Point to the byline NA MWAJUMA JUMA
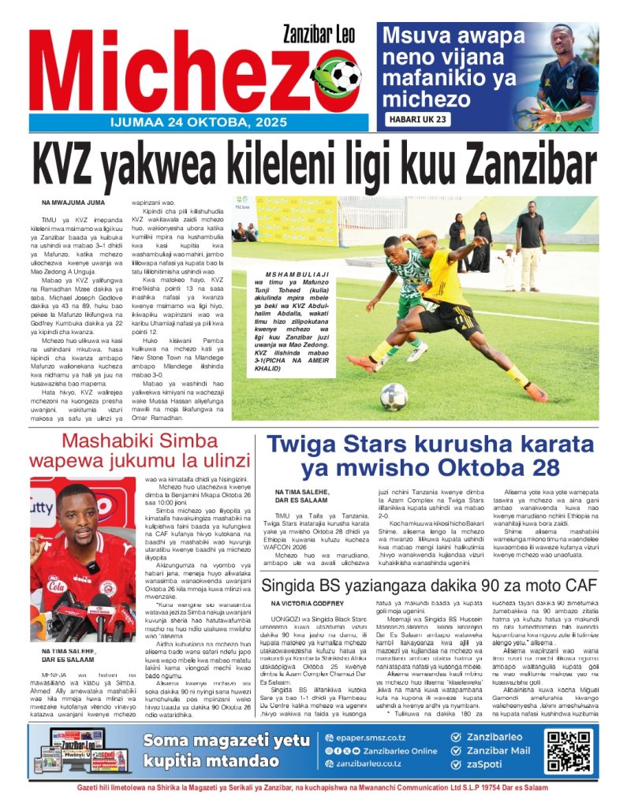tap(73, 203)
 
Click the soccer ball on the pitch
tap(394, 396)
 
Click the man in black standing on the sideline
tap(530, 236)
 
